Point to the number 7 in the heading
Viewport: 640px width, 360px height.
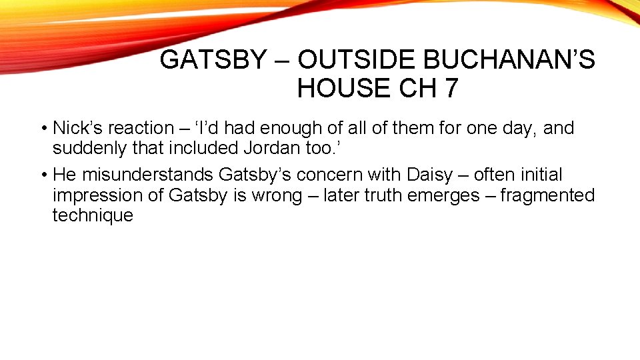(449, 88)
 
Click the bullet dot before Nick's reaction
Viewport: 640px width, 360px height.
(43, 128)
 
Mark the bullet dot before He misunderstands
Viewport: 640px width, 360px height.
(43, 175)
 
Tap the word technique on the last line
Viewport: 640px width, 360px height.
(93, 215)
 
